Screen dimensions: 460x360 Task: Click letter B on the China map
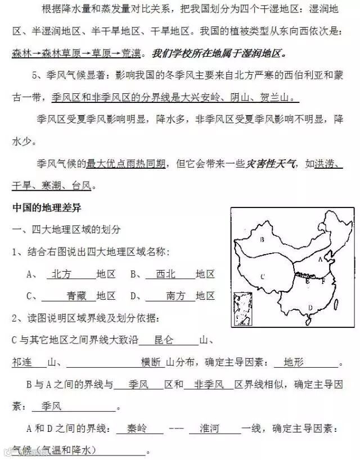pyautogui.click(x=262, y=241)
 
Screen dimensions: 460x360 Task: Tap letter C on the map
pyautogui.click(x=263, y=276)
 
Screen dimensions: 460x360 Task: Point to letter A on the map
pyautogui.click(x=320, y=259)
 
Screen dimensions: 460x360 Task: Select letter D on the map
pyautogui.click(x=310, y=307)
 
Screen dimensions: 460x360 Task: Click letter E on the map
pyautogui.click(x=307, y=281)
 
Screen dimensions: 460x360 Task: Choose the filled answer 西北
pyautogui.click(x=166, y=274)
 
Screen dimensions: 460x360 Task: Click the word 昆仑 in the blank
pyautogui.click(x=164, y=340)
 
